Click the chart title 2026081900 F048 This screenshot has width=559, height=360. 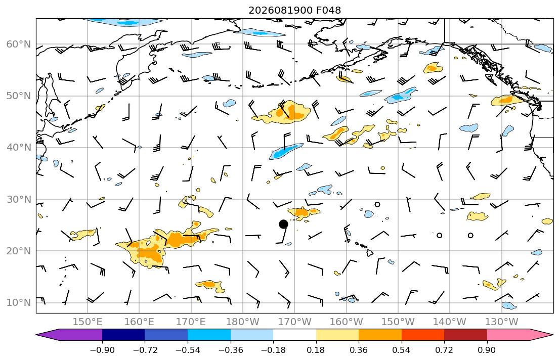click(x=294, y=10)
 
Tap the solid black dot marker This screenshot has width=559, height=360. click(x=283, y=224)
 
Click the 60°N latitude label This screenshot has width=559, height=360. click(x=19, y=44)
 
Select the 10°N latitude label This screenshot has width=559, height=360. click(x=19, y=303)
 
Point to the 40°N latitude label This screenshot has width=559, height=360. click(x=19, y=148)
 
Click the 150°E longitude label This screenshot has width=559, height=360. click(x=88, y=322)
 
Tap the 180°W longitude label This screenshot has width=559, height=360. click(x=243, y=322)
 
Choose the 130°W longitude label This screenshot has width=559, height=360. click(x=502, y=322)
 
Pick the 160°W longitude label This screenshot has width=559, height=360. click(x=346, y=322)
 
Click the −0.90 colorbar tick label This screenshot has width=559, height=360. click(x=102, y=350)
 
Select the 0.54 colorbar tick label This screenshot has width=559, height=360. click(x=402, y=350)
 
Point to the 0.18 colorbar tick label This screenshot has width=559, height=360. click(x=316, y=350)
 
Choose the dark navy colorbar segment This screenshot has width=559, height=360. click(x=123, y=335)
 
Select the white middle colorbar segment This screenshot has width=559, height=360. click(x=294, y=335)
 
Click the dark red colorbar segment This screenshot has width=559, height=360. click(x=465, y=335)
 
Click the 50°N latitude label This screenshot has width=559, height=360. click(x=19, y=96)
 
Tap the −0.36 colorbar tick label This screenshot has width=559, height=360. click(x=231, y=350)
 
